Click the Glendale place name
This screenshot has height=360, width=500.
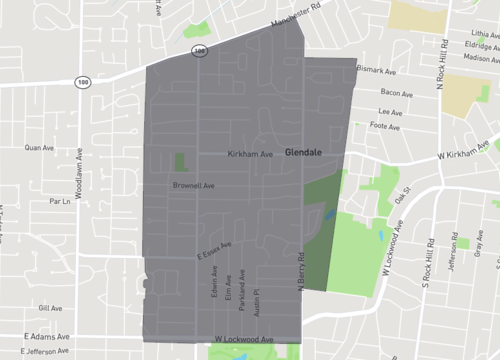pyautogui.click(x=303, y=153)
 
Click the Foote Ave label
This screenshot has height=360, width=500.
pyautogui.click(x=385, y=126)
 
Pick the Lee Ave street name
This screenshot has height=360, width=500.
pyautogui.click(x=390, y=111)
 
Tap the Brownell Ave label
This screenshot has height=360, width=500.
pyautogui.click(x=194, y=185)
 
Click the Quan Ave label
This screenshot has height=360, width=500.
pyautogui.click(x=39, y=147)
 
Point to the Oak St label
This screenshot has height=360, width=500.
pyautogui.click(x=403, y=194)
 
